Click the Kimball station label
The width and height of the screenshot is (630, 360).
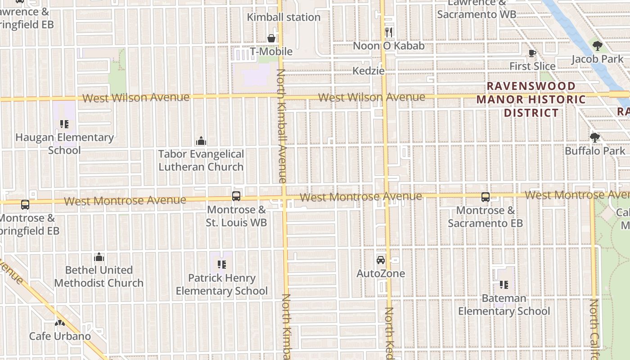283,17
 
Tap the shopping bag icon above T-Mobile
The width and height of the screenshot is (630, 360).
271,38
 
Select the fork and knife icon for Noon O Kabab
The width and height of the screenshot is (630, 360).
389,32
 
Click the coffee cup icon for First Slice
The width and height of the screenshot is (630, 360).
532,54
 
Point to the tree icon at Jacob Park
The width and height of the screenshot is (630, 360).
597,45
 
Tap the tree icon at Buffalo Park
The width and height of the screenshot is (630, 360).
595,138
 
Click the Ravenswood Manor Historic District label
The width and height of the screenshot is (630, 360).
531,99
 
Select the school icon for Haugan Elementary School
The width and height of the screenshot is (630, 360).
64,124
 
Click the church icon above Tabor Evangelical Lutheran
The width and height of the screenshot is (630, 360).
201,141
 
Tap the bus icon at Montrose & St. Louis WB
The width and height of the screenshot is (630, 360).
236,196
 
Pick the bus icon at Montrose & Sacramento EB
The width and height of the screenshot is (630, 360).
485,197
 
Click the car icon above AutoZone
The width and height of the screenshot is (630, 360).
381,260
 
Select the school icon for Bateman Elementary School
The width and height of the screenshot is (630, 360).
504,285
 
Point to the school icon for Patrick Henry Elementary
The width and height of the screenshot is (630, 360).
221,265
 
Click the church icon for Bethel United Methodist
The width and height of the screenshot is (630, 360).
99,257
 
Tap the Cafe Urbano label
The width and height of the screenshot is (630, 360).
60,336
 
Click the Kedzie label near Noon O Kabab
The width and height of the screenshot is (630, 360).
369,71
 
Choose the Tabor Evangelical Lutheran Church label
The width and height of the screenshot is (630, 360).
201,160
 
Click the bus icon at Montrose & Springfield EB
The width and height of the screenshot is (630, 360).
25,205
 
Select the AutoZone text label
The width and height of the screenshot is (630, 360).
381,274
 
